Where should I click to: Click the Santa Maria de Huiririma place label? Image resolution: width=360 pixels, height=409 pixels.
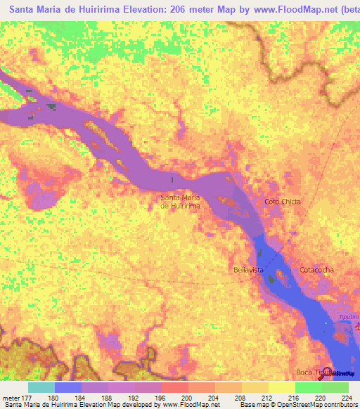tap(181, 202)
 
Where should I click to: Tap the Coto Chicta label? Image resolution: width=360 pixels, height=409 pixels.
tap(283, 202)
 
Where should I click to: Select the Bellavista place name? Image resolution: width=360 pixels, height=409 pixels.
tap(248, 270)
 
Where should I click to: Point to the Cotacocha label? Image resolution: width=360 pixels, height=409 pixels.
tap(316, 270)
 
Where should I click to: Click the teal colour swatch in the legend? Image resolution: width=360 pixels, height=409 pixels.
tap(41, 387)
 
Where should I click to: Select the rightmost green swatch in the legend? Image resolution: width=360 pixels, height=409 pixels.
tap(335, 387)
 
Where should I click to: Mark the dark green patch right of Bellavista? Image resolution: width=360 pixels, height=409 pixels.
tap(271, 280)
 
